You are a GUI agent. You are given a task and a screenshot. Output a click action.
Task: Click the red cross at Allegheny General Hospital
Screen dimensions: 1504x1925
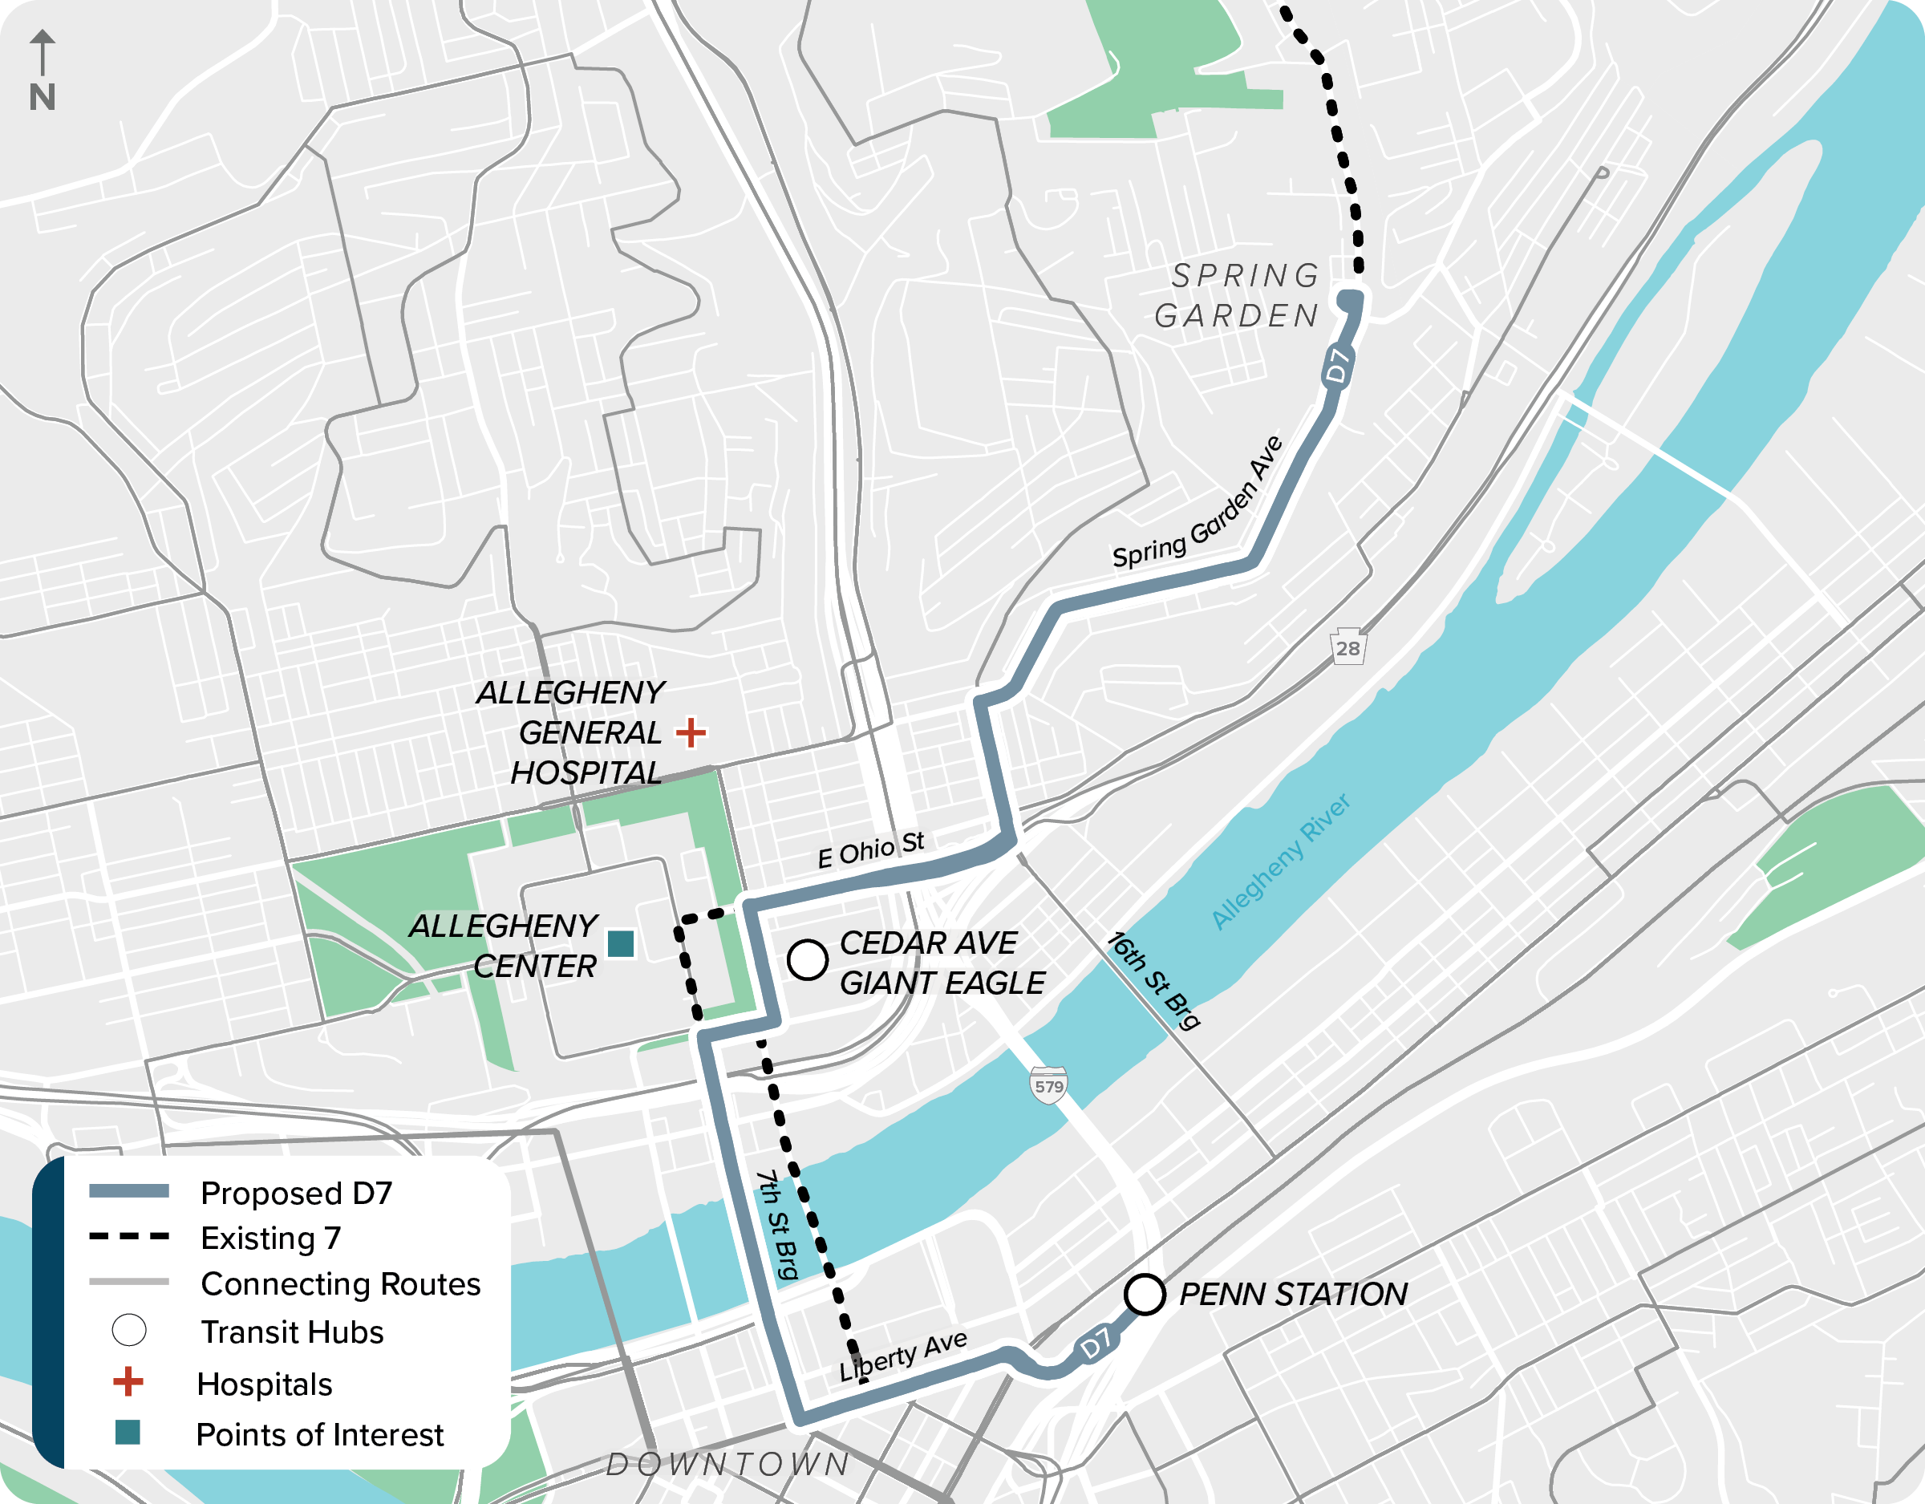coord(691,732)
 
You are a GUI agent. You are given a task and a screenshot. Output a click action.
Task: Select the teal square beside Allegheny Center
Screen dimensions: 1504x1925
coord(621,943)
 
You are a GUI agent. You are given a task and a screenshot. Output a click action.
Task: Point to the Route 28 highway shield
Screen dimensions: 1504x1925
coord(1347,648)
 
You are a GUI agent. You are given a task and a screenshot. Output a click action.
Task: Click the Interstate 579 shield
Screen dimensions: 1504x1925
coord(1049,1086)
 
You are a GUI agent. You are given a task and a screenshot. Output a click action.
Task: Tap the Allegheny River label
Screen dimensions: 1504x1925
coord(1281,861)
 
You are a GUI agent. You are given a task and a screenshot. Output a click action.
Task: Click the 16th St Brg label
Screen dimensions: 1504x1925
coord(1153,980)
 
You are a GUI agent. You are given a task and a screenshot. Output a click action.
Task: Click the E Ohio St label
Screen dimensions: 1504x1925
coord(871,849)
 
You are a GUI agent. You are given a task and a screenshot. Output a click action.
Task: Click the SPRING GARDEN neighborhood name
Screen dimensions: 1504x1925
coord(1239,295)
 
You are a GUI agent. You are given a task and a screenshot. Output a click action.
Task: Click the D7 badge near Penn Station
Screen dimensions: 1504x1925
coord(1096,1344)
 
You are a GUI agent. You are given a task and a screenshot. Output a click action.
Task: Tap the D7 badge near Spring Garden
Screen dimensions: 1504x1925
coord(1338,366)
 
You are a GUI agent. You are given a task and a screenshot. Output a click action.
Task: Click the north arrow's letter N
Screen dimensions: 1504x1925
coord(43,97)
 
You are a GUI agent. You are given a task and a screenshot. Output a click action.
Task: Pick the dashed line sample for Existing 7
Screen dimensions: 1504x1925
coord(128,1237)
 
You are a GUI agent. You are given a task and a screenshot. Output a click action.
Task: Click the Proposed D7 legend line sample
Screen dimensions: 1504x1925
coord(128,1191)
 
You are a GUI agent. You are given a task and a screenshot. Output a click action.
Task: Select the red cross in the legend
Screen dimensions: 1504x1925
coord(128,1381)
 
